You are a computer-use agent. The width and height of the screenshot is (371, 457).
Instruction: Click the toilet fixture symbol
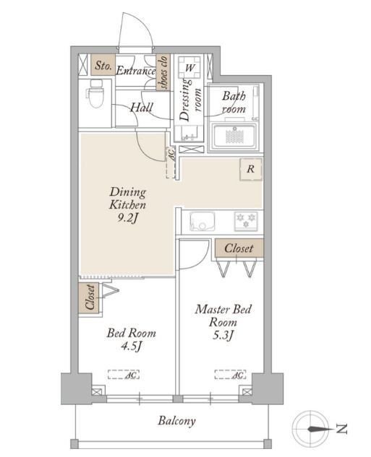(95, 93)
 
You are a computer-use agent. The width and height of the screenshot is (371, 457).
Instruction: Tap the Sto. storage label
(103, 65)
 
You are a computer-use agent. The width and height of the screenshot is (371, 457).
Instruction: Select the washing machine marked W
(189, 67)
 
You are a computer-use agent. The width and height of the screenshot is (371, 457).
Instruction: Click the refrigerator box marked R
(251, 169)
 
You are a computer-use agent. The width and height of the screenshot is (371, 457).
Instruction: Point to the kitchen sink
(202, 222)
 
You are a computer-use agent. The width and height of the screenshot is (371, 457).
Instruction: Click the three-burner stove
(246, 221)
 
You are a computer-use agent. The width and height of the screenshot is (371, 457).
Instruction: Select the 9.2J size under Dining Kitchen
(127, 218)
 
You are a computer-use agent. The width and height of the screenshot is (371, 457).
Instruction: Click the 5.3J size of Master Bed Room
(223, 336)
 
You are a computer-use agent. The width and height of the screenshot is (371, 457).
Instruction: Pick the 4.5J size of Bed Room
(132, 347)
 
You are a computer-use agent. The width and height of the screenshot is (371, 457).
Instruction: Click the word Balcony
(176, 421)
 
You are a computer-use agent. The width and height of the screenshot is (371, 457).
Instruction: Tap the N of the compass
(341, 429)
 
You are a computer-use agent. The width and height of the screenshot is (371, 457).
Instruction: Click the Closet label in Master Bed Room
(239, 248)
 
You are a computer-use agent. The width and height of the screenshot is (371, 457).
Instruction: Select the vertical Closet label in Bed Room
(90, 297)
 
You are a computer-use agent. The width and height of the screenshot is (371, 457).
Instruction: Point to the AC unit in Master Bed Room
(230, 375)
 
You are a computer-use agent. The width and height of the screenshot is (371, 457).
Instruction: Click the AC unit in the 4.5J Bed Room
(124, 375)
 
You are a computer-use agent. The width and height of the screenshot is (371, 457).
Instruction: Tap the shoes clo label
(163, 72)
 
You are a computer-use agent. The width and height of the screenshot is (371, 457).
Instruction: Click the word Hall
(142, 108)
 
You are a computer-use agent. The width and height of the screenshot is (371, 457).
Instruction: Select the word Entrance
(136, 71)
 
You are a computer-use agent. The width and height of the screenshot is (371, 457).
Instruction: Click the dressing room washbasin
(188, 133)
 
